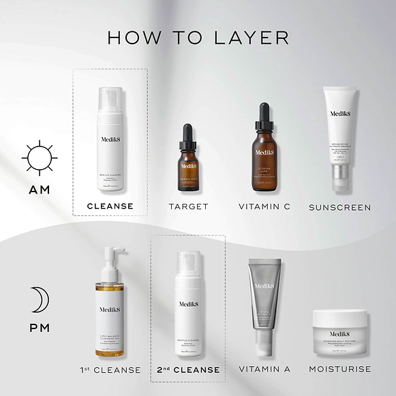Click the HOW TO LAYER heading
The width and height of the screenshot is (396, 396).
pyautogui.click(x=198, y=37)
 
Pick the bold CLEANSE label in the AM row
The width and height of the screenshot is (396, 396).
pyautogui.click(x=110, y=206)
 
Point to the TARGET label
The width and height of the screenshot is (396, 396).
pyautogui.click(x=188, y=206)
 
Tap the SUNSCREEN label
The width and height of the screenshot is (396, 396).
pyautogui.click(x=339, y=207)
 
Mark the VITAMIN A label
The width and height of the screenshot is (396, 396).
pyautogui.click(x=264, y=369)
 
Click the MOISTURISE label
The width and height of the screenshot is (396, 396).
pyautogui.click(x=340, y=369)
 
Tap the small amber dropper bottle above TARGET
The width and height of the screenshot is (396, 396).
pyautogui.click(x=188, y=167)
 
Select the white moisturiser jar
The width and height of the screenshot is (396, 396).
pyautogui.click(x=339, y=332)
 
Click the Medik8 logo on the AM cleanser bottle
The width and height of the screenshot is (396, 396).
pyautogui.click(x=110, y=138)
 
